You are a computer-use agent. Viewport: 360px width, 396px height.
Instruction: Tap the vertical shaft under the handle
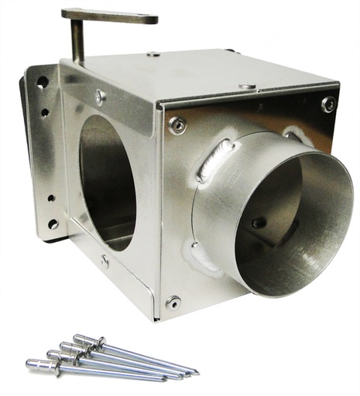pos(77,43)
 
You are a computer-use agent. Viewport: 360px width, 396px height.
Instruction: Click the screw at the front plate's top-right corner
pos(328,104)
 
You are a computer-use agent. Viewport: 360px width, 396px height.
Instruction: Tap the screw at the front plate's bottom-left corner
pos(173,302)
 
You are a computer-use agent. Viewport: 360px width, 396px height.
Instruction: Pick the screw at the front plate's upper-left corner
pos(177,124)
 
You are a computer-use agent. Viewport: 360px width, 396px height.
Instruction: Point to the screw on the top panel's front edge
pos(247,85)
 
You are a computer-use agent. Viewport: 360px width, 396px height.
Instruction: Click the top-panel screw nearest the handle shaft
pos(153,54)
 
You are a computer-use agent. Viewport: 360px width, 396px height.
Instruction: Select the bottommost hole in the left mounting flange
pos(52,224)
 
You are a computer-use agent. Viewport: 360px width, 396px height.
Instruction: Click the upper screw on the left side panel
pos(100,97)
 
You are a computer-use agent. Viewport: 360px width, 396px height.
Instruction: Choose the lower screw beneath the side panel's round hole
pos(105,261)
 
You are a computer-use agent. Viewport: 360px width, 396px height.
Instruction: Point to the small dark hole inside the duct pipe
pos(258,223)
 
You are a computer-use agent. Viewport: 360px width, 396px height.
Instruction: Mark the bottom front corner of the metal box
pos(157,318)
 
